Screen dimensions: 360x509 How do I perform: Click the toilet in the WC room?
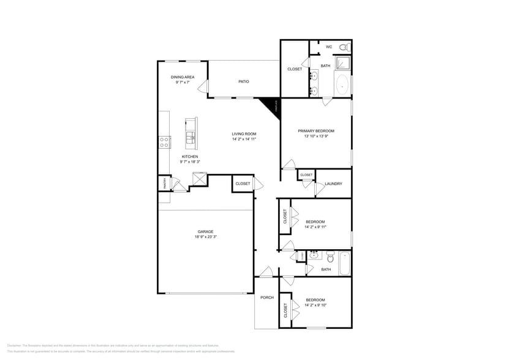tap(344, 47)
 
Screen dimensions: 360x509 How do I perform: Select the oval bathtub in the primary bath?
tap(342, 85)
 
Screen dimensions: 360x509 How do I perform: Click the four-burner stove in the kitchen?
tap(164, 142)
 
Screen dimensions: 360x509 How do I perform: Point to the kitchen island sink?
tap(190, 138)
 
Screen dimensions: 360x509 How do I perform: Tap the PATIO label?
tap(243, 81)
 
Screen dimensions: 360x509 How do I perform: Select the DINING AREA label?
tap(183, 77)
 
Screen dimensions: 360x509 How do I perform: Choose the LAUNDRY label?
tap(333, 184)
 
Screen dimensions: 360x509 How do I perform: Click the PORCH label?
tap(266, 298)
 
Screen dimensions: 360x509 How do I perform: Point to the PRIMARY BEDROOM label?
tap(316, 130)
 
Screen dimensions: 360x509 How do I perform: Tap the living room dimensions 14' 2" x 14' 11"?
tap(244, 139)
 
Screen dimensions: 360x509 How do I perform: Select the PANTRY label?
tap(164, 183)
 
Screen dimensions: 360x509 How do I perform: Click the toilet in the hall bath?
tap(330, 257)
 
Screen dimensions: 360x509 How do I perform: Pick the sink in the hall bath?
tap(313, 255)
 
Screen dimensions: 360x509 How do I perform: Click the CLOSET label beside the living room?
tap(243, 184)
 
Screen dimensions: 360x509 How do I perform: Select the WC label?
tap(328, 47)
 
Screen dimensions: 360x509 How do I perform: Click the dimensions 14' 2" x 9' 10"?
tap(315, 305)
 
